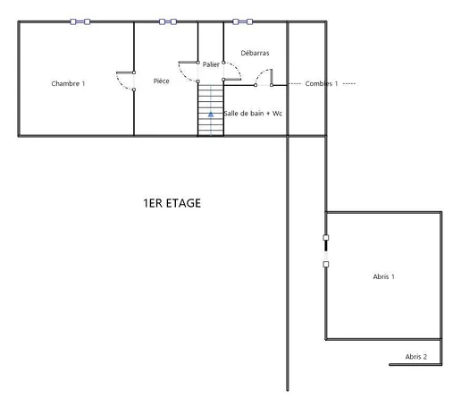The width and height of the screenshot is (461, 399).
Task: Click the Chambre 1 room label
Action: (x=68, y=83)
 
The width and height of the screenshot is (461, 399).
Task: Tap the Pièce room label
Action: (x=162, y=81)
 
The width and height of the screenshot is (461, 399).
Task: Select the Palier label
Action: (x=211, y=64)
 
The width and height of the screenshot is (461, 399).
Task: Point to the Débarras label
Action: (x=255, y=53)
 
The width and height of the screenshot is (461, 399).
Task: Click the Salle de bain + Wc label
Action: (x=253, y=114)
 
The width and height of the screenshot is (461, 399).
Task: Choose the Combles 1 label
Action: (x=322, y=83)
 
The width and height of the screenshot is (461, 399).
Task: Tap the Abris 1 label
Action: (x=384, y=276)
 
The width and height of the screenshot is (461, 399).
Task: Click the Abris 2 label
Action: (x=416, y=357)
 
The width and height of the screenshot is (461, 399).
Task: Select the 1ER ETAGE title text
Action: (x=172, y=203)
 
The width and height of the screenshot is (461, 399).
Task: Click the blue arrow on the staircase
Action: (x=211, y=115)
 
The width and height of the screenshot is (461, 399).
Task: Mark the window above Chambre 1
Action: (x=80, y=21)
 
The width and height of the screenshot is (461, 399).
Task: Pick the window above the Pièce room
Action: (x=168, y=21)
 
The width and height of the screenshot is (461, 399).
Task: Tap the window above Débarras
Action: (x=243, y=21)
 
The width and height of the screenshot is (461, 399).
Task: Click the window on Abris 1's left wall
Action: (x=326, y=250)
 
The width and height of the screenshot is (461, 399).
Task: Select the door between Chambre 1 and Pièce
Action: (x=126, y=81)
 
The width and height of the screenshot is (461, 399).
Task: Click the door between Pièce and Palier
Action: (x=189, y=72)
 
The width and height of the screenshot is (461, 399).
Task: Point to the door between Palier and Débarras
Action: (x=232, y=72)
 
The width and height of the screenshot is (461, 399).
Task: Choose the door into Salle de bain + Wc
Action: (x=264, y=78)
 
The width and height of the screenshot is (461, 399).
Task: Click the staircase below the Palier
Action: (x=211, y=110)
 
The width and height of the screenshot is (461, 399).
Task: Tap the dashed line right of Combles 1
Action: (x=349, y=84)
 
